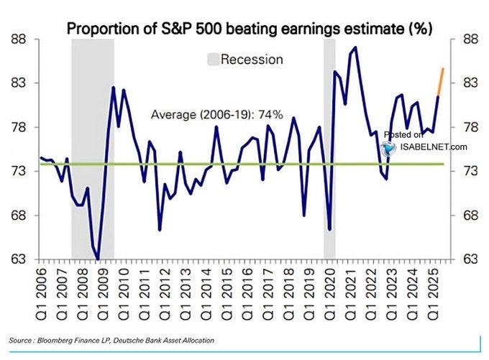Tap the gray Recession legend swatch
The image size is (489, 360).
(x=212, y=59)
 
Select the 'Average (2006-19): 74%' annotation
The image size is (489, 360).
(x=216, y=114)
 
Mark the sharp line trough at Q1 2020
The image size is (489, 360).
(x=329, y=229)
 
